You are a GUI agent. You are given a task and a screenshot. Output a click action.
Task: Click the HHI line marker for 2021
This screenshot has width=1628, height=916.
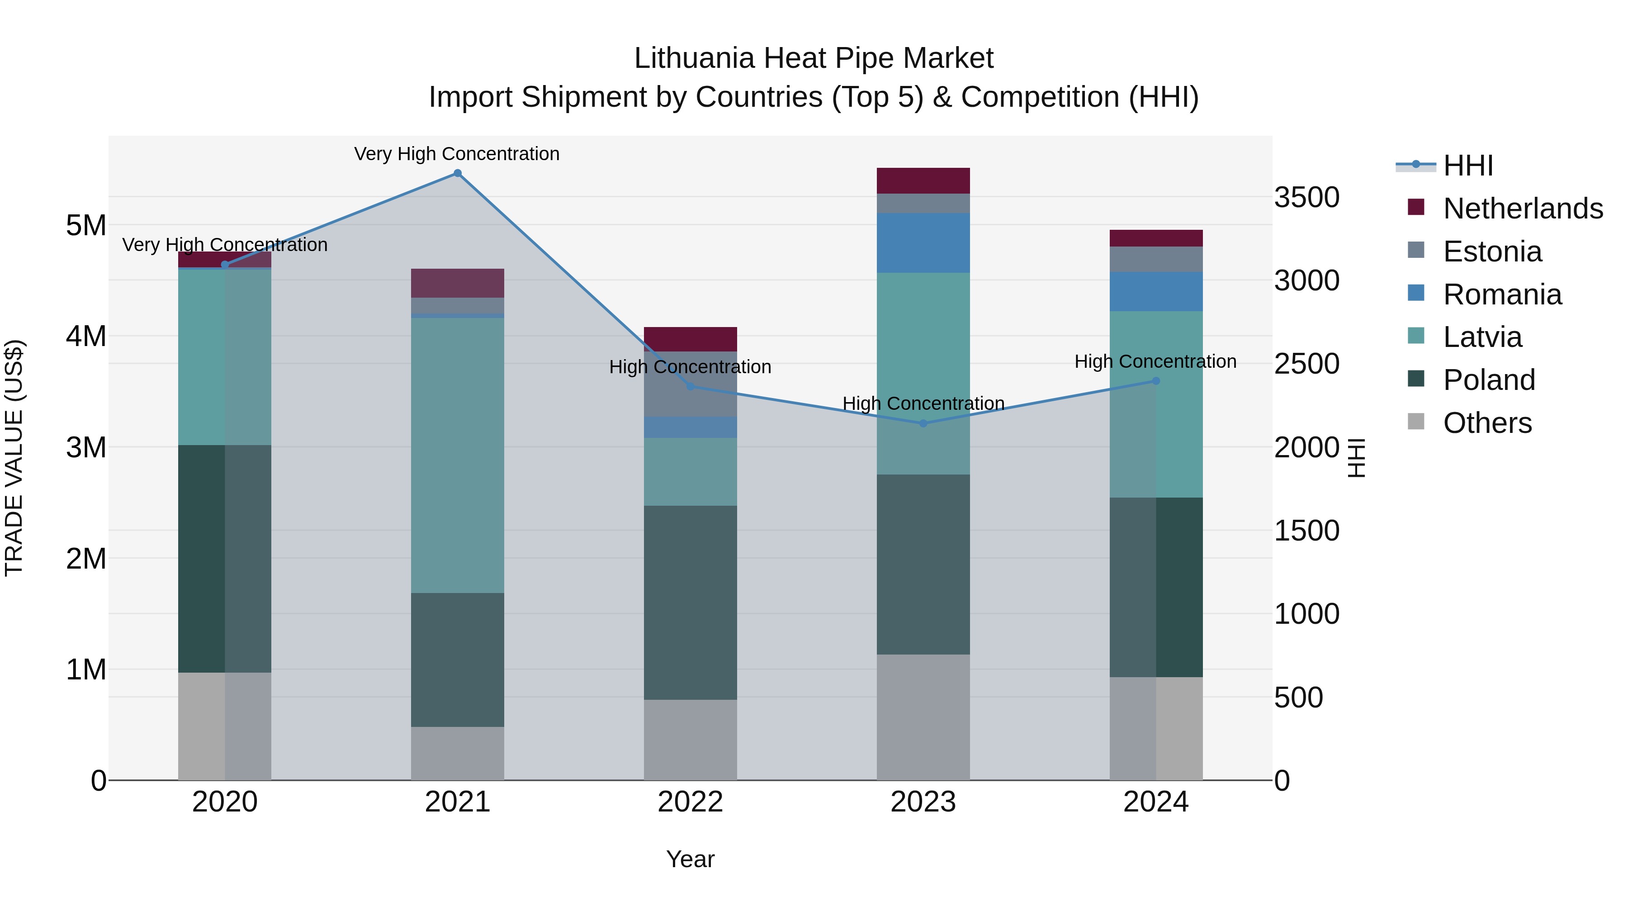coord(458,173)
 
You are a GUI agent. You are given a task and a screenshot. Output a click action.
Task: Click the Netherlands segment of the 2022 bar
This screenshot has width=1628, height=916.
coord(690,339)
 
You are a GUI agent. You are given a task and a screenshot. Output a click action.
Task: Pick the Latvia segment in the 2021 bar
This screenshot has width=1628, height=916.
coord(458,455)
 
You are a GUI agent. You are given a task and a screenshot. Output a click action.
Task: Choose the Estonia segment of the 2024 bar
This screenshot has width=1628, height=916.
coord(1155,259)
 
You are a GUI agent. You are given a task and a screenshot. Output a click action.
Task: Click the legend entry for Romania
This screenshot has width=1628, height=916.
coord(1501,294)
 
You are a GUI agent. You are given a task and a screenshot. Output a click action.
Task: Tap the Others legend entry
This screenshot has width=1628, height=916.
coord(1486,423)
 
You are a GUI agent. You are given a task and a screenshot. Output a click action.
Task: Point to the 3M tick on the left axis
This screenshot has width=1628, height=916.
coord(86,447)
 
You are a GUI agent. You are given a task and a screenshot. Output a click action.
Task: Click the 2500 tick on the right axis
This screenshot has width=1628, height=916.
coord(1306,364)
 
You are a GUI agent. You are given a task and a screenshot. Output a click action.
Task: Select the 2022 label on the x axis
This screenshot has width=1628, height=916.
coord(690,802)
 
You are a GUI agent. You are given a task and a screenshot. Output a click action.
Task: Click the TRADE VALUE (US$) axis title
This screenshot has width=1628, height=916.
coord(14,458)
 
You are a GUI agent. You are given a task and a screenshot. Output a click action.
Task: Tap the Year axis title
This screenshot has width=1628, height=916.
coord(690,859)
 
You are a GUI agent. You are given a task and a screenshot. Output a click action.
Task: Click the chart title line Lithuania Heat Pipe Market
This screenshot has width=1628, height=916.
coord(814,58)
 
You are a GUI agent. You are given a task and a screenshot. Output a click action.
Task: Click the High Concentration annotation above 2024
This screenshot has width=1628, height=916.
coord(1155,361)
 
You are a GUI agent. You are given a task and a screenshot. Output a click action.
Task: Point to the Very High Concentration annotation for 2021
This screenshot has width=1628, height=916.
coord(456,154)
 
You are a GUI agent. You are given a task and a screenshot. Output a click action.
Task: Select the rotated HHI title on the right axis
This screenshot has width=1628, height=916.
coord(1356,458)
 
